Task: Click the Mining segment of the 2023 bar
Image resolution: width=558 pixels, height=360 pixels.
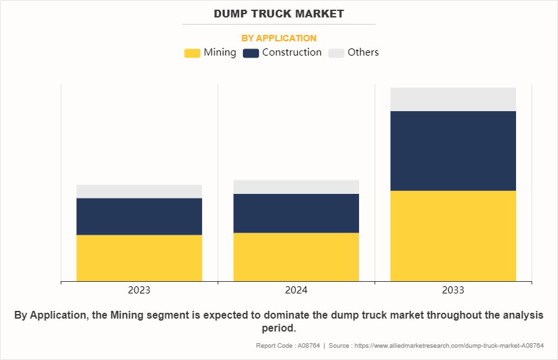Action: (x=139, y=258)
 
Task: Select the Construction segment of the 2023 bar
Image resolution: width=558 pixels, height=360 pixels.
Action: (x=139, y=217)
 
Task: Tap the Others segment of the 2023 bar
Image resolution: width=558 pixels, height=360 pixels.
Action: (x=139, y=191)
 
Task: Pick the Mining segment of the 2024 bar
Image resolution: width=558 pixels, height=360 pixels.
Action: (x=296, y=257)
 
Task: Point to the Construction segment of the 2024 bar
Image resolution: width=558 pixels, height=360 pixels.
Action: (x=296, y=213)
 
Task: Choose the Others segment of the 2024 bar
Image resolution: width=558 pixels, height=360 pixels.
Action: (x=296, y=187)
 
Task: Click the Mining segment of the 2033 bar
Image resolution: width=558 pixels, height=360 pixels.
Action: (x=453, y=236)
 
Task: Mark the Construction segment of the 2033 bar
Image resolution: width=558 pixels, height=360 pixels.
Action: (x=453, y=151)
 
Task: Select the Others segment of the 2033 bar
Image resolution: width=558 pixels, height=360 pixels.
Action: (x=453, y=99)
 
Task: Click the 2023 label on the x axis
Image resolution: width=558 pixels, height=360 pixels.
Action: (x=139, y=290)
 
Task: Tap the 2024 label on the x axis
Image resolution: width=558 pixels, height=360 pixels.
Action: (x=296, y=290)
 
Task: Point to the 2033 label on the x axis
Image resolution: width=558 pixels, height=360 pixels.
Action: (x=453, y=290)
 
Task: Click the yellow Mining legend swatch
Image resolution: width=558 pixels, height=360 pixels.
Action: (x=192, y=53)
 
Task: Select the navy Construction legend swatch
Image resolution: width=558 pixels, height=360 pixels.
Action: (x=251, y=53)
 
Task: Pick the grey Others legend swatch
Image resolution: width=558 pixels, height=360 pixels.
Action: (x=336, y=53)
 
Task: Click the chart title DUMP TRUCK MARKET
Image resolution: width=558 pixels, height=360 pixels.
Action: (x=279, y=14)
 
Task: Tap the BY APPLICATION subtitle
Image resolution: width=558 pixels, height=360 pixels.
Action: (x=279, y=38)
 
